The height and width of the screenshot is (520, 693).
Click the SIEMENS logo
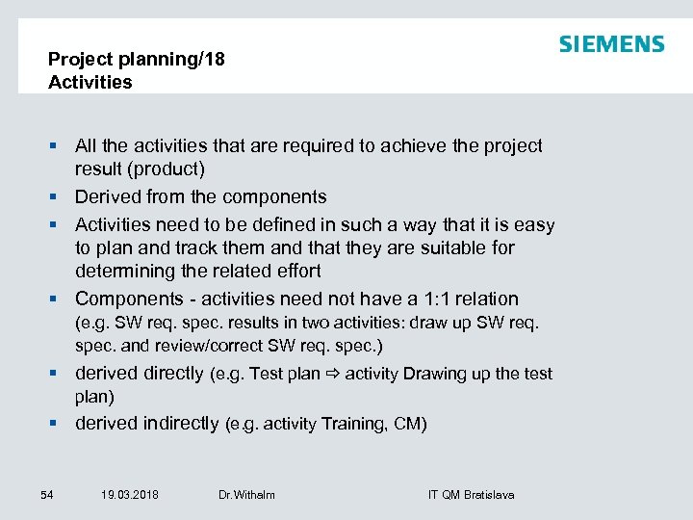coord(611,44)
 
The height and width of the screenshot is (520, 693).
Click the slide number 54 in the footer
coord(47,495)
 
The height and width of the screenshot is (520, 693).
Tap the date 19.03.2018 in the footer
coord(129,495)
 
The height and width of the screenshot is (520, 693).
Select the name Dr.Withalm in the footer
coord(246,495)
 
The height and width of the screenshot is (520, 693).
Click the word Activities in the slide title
coord(90,82)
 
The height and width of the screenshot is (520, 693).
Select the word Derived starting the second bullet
coord(108,196)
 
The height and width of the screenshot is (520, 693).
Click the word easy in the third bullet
coord(534,224)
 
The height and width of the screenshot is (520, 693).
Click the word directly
coord(171,373)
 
